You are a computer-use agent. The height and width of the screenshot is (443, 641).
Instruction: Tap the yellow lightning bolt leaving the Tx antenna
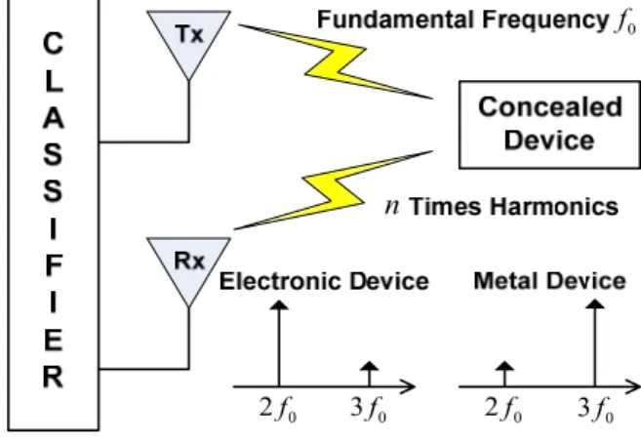click(x=336, y=61)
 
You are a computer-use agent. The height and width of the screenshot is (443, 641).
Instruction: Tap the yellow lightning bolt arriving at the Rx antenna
click(x=333, y=191)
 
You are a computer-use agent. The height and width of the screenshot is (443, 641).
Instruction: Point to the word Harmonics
click(x=554, y=206)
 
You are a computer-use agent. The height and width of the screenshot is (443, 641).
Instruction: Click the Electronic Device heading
click(x=324, y=281)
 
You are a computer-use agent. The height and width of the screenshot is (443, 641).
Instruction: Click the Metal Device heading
click(x=549, y=281)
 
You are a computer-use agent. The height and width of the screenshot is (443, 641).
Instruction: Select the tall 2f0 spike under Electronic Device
click(x=279, y=343)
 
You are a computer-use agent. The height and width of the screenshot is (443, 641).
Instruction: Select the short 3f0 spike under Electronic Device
click(x=369, y=374)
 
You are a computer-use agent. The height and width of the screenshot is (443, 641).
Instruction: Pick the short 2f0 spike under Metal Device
click(x=504, y=374)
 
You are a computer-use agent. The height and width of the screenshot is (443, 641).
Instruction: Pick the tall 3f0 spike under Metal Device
click(x=595, y=342)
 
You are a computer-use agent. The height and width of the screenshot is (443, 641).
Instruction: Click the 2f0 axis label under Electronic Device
click(x=278, y=409)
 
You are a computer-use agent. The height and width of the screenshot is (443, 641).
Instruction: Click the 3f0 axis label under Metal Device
click(x=595, y=409)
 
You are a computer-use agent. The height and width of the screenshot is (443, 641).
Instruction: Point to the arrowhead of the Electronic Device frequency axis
click(x=408, y=386)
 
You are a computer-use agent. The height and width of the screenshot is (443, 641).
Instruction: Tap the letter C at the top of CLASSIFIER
click(x=53, y=43)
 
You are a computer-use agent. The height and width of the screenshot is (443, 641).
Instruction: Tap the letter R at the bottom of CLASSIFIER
click(x=53, y=377)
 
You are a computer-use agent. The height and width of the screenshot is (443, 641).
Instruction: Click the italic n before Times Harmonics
click(x=392, y=207)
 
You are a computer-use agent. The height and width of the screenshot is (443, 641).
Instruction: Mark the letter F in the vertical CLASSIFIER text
click(x=54, y=265)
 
